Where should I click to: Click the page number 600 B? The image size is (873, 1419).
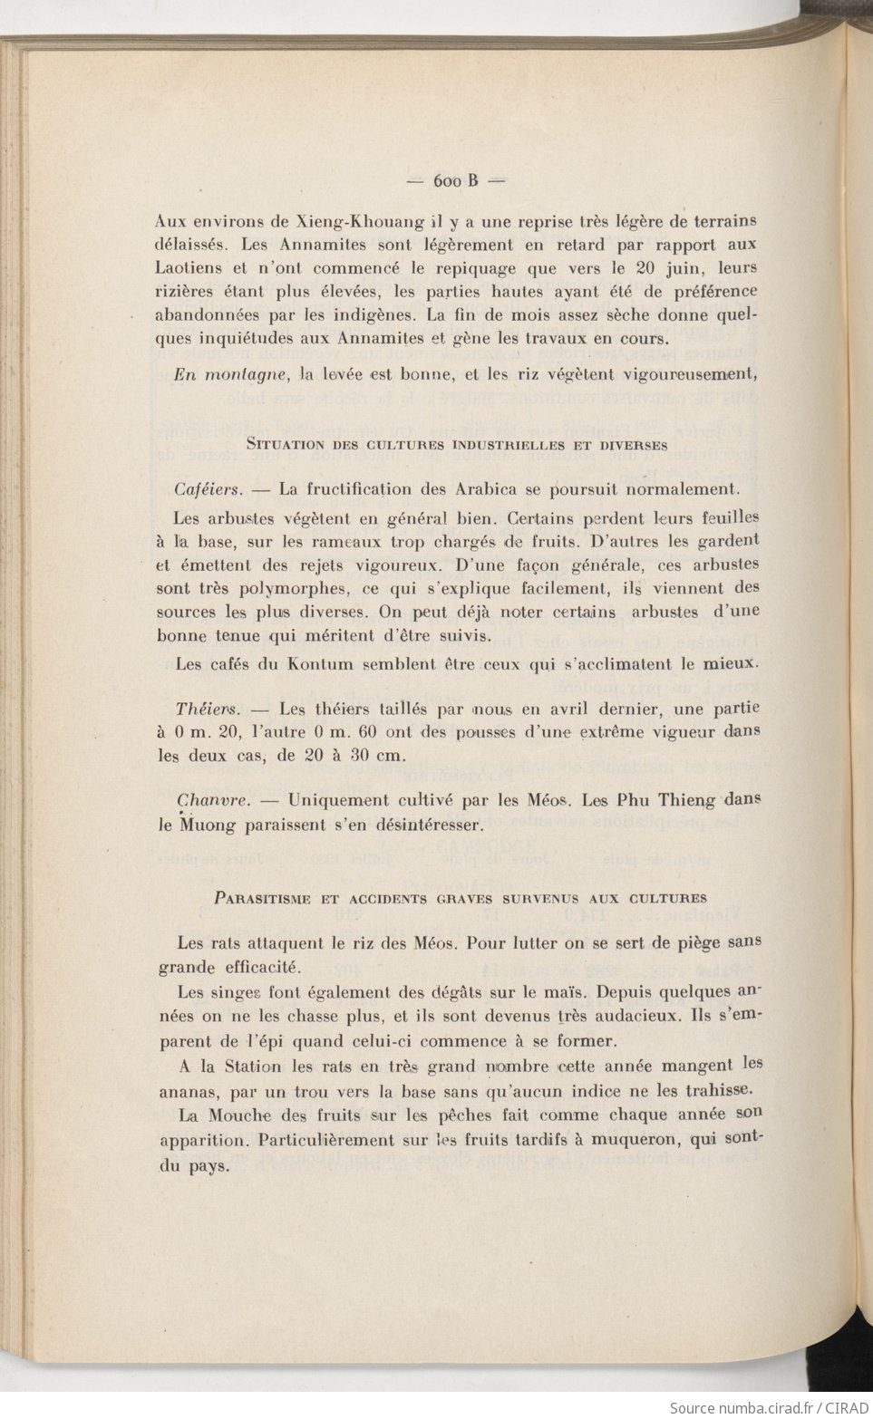pyautogui.click(x=456, y=181)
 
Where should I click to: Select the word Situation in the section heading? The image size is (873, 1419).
pyautogui.click(x=282, y=445)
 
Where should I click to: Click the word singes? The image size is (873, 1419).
pyautogui.click(x=237, y=992)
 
